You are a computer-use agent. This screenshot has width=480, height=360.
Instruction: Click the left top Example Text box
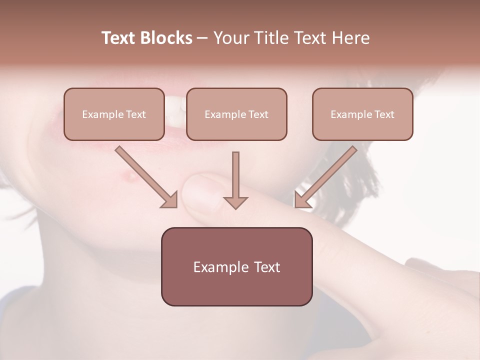(114, 114)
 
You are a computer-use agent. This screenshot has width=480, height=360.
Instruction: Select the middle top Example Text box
(236, 114)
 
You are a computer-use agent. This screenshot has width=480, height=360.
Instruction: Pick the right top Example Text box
(362, 114)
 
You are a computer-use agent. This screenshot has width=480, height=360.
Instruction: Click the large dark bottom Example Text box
(236, 266)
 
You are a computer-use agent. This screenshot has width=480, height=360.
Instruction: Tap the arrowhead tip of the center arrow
(235, 207)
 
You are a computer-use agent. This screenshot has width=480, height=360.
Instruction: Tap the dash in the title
(202, 38)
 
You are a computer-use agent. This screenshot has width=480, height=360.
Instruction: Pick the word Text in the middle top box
(258, 114)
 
